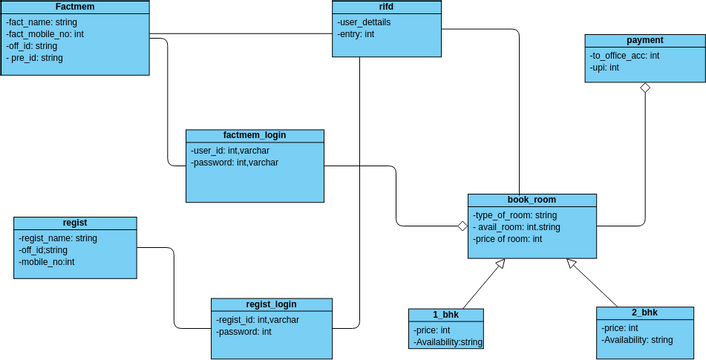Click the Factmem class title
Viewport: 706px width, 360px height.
coord(74,7)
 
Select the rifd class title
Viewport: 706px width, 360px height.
coord(386,7)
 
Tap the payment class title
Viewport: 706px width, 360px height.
coord(645,40)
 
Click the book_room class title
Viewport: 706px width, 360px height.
coord(532,200)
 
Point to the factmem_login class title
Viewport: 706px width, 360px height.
coord(254,135)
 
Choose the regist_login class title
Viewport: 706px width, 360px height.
coord(271,304)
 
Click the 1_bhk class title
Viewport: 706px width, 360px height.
coord(446,314)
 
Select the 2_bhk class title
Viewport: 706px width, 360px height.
coord(645,313)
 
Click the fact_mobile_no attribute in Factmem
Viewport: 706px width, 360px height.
coord(45,33)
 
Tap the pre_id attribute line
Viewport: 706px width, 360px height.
coord(36,58)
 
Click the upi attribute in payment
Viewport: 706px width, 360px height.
coord(605,68)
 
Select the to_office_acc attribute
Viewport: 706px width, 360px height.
coord(625,55)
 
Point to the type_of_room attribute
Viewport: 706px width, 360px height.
coord(515,215)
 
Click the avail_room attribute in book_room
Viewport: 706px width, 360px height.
coord(517,227)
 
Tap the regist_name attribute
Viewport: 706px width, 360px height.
coord(58,238)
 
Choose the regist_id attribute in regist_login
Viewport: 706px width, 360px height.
coord(257,319)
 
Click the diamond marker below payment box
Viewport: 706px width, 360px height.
coord(645,89)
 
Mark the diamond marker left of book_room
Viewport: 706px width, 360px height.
coord(461,226)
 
